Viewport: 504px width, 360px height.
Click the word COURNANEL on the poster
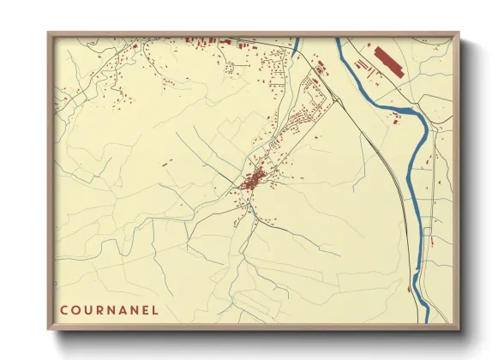point(109,309)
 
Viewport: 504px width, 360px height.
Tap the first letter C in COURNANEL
point(63,309)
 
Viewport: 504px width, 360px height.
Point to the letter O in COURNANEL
point(75,309)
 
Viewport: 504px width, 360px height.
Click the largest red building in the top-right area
point(388,61)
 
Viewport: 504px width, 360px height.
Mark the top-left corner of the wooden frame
point(49,33)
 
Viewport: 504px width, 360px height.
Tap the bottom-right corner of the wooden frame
point(459,329)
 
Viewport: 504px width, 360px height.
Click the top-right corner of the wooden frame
point(459,33)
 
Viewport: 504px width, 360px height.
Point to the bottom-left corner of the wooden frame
point(49,329)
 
